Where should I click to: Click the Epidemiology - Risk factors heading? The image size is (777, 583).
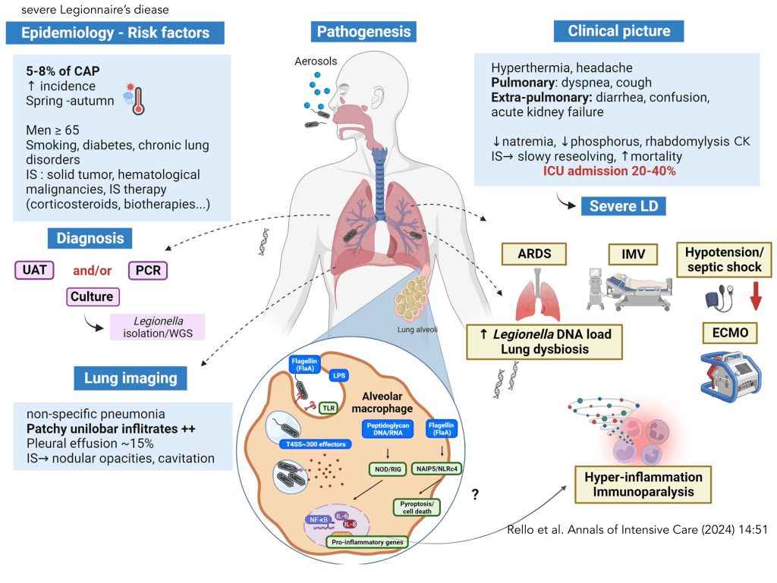(x=116, y=33)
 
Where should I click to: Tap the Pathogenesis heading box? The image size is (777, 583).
(x=363, y=32)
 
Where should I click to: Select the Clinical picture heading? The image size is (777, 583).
(x=619, y=31)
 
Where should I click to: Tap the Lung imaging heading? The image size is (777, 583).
(x=131, y=378)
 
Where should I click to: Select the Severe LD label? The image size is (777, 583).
(x=624, y=206)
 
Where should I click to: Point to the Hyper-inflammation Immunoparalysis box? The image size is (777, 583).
(x=643, y=484)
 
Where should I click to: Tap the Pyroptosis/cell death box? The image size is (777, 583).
(x=419, y=506)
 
